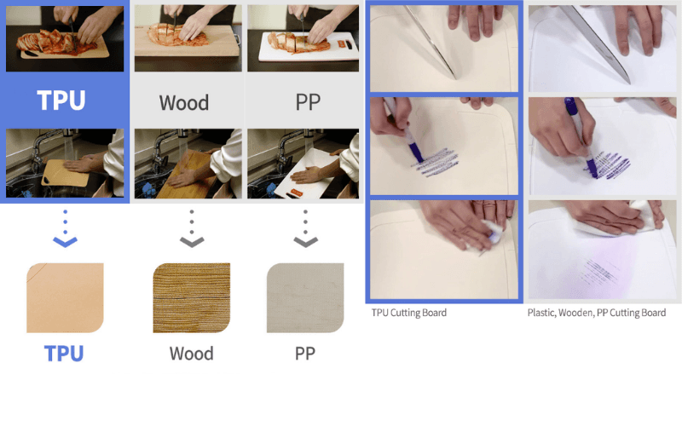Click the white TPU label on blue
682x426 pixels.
pos(61,101)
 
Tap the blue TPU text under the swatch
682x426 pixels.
pos(63,354)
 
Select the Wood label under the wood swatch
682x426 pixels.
pos(191,354)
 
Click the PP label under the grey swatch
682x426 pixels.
pos(305,354)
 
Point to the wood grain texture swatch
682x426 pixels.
pos(191,297)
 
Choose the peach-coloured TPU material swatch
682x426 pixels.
pos(65,297)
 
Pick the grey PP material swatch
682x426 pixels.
pos(305,297)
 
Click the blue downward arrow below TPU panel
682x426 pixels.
pos(65,229)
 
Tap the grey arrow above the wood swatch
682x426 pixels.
pos(192,229)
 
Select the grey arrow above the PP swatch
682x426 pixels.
pos(305,229)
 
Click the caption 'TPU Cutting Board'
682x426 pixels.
pos(409,313)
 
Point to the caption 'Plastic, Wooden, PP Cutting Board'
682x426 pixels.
pos(596,313)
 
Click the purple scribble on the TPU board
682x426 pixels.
pos(435,163)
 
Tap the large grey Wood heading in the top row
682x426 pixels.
pos(183,103)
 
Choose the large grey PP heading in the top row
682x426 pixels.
pos(308,102)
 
